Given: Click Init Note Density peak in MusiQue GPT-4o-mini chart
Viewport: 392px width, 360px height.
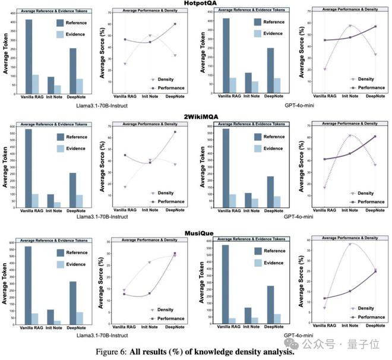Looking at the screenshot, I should (350, 244).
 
